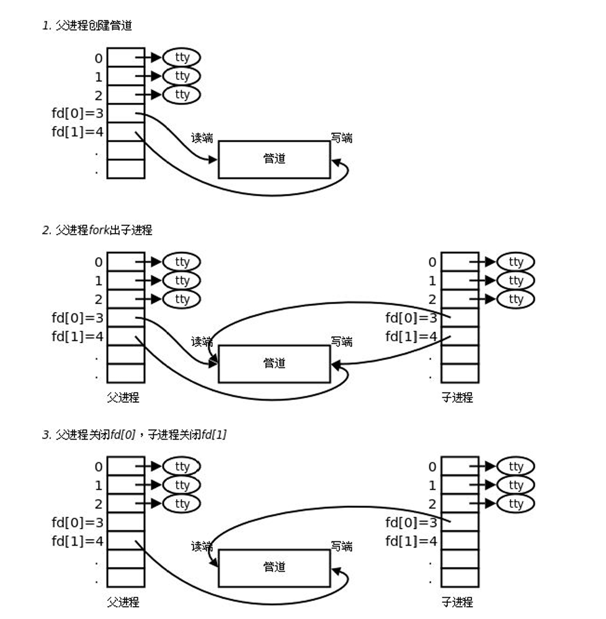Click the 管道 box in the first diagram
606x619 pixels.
click(x=274, y=159)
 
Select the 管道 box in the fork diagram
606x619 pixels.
click(x=274, y=363)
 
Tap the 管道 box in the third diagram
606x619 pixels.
click(x=274, y=568)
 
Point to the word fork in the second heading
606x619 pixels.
click(x=99, y=230)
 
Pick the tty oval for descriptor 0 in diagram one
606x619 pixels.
click(x=182, y=58)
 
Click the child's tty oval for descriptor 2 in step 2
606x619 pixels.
click(x=515, y=299)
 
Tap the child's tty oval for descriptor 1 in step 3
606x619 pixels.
click(x=515, y=485)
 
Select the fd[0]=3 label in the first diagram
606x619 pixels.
click(x=77, y=114)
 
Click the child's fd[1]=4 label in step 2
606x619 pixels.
click(x=411, y=337)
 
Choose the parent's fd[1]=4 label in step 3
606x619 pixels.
click(x=77, y=541)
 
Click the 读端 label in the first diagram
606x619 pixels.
click(x=202, y=138)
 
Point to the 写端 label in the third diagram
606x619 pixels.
click(x=341, y=546)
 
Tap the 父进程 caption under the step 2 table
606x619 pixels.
click(x=123, y=398)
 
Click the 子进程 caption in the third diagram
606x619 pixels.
click(x=457, y=602)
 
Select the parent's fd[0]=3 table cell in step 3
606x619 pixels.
click(x=125, y=522)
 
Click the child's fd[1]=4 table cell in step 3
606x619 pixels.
click(x=460, y=541)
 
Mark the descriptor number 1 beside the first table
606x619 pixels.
click(x=99, y=77)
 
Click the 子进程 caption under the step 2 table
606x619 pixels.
click(x=457, y=398)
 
